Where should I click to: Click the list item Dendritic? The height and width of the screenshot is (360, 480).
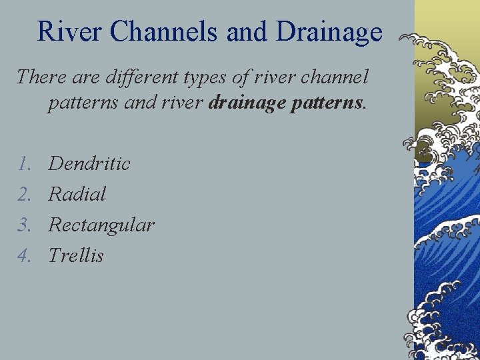89,163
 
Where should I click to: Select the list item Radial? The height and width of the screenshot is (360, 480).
77,194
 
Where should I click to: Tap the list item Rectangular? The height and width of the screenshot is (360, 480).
101,225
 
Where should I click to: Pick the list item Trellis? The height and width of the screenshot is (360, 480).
76,255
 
